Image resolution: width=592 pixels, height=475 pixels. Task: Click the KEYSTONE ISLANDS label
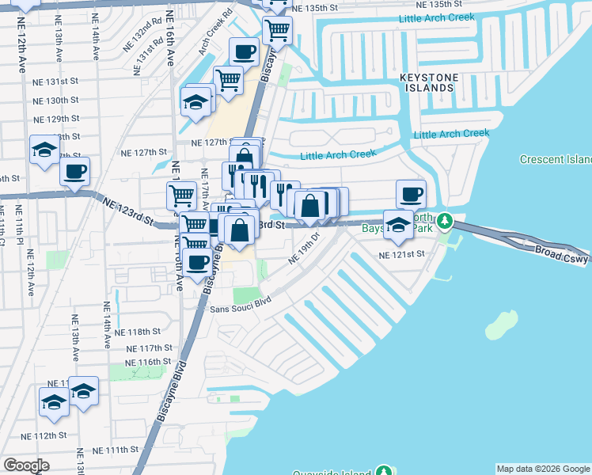click(427, 82)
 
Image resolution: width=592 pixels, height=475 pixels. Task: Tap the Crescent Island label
click(556, 159)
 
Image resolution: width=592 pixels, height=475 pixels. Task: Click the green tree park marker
click(446, 219)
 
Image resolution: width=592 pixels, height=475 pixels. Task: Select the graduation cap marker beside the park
click(398, 224)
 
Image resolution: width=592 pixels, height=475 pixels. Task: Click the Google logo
click(26, 465)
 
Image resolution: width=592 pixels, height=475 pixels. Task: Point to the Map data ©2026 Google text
click(543, 469)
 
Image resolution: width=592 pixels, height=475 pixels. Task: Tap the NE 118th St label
click(139, 332)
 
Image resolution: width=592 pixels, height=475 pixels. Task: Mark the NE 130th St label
click(55, 101)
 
